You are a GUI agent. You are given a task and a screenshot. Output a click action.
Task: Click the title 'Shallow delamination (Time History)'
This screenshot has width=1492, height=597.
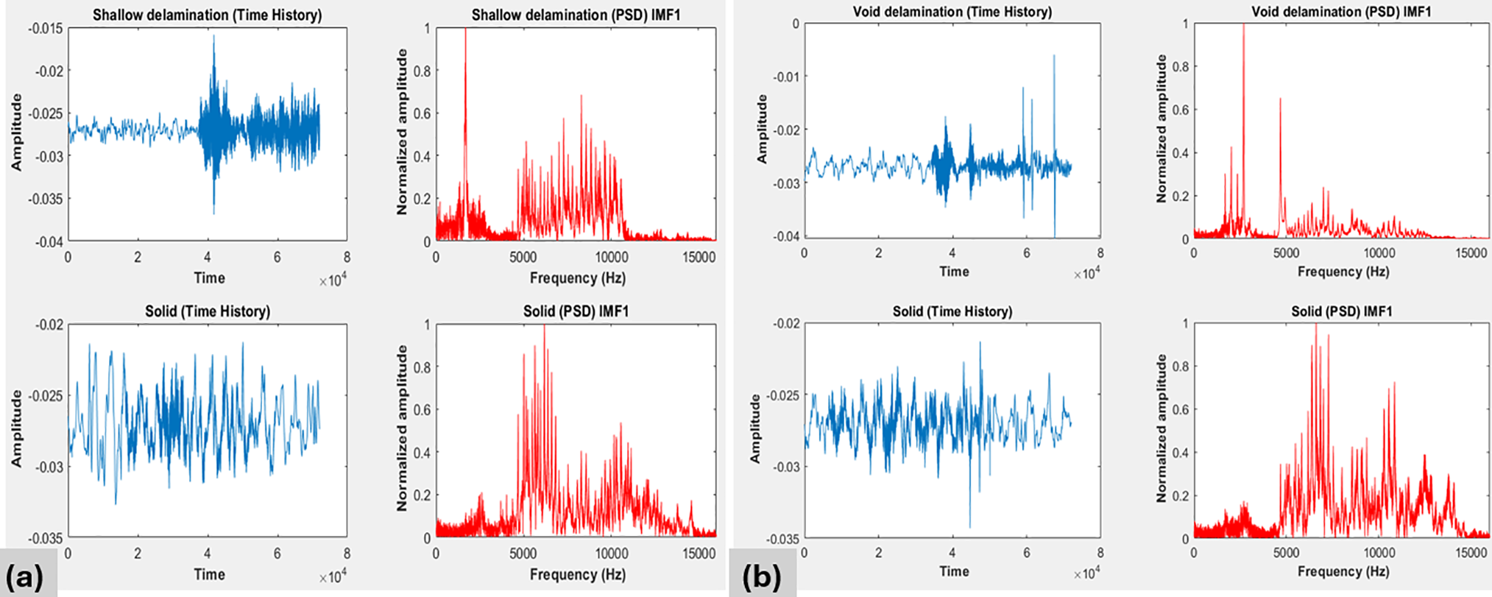(207, 15)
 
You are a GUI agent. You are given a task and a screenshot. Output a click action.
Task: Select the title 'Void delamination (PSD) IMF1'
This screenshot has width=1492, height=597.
(1341, 12)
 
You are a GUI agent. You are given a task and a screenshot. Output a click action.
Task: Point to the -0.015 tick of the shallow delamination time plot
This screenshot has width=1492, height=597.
(46, 29)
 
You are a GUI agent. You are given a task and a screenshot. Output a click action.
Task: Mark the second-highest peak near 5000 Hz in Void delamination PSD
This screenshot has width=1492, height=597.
(1280, 99)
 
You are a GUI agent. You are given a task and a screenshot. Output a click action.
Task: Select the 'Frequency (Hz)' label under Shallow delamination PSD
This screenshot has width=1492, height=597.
(577, 278)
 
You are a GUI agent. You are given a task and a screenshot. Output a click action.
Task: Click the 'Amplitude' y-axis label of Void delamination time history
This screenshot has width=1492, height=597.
(763, 130)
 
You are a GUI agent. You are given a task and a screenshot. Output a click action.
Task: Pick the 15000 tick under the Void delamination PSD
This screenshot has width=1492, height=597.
(1471, 253)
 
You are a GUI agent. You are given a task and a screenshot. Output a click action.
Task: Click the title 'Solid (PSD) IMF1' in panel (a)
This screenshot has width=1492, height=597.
(576, 311)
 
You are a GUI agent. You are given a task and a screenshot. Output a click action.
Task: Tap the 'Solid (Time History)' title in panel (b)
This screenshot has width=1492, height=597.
(952, 311)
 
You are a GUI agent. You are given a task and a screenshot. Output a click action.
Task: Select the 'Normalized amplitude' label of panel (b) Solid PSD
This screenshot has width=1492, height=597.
(1162, 428)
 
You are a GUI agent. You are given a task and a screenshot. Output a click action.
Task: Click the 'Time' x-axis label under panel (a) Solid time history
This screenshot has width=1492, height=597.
(209, 574)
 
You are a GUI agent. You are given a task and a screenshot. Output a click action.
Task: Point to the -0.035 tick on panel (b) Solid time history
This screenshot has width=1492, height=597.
(782, 539)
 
